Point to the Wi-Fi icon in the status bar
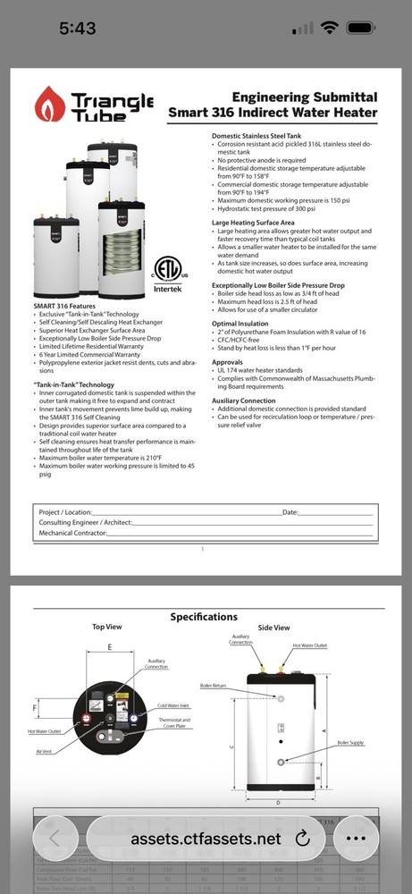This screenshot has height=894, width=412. pyautogui.click(x=332, y=28)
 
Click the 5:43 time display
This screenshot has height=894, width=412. pyautogui.click(x=77, y=28)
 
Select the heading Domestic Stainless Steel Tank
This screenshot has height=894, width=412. pyautogui.click(x=256, y=136)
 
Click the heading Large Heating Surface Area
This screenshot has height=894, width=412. pyautogui.click(x=253, y=222)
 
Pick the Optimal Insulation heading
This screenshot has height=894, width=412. pyautogui.click(x=240, y=323)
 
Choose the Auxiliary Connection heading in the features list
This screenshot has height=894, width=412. pyautogui.click(x=245, y=401)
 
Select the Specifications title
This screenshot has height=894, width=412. pyautogui.click(x=204, y=617)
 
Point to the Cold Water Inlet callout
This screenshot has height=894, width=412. pyautogui.click(x=175, y=705)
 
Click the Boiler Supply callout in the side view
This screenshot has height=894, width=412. pyautogui.click(x=350, y=743)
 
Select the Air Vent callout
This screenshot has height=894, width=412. pyautogui.click(x=46, y=751)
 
